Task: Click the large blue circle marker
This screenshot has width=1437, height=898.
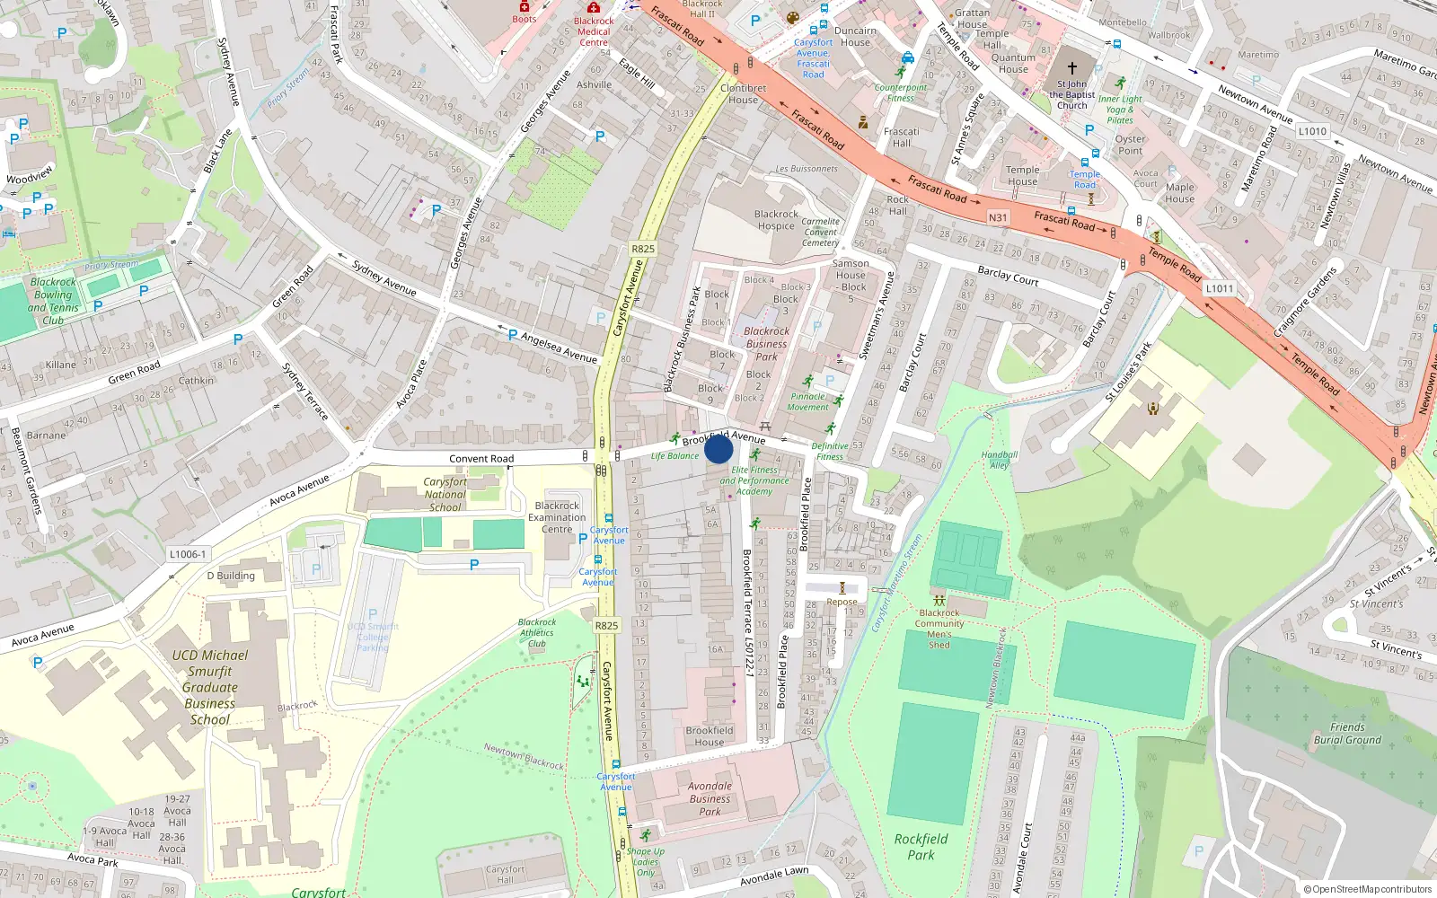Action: coord(718,448)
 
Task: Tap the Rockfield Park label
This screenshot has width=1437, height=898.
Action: coord(921,847)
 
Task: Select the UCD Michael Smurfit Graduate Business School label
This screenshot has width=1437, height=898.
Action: coord(210,687)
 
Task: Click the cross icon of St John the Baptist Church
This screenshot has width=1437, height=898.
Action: coord(1071,67)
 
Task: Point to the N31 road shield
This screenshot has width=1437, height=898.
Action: coord(998,217)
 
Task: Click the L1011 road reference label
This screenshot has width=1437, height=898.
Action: coord(1220,288)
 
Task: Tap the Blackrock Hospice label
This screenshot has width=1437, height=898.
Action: coord(776,220)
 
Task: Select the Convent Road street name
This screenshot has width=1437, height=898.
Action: coord(481,458)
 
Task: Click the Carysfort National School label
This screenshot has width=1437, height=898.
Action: coord(445,494)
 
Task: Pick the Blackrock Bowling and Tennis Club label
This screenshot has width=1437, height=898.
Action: coord(53,301)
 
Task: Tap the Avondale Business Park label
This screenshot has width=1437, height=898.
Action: coord(710,798)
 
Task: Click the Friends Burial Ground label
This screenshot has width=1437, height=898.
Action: coord(1347,734)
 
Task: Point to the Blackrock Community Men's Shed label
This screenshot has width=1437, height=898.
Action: coord(939,629)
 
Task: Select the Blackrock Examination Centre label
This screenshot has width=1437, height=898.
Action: coord(557,517)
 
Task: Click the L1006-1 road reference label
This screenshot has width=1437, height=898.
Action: coord(188,554)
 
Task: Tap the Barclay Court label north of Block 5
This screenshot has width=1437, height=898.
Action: coord(1008,276)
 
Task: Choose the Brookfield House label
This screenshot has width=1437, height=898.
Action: coord(709,736)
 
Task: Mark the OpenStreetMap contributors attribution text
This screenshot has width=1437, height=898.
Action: coord(1367,889)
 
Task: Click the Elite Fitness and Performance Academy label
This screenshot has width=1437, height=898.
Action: coord(754,480)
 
